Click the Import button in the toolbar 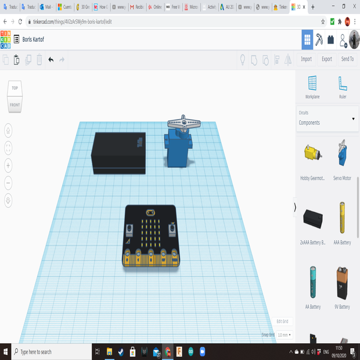[x=306, y=59]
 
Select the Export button [x=327, y=59]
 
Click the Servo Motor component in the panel [x=342, y=154]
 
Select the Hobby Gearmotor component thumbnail [x=312, y=154]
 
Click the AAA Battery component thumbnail [x=342, y=218]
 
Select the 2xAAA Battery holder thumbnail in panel [x=312, y=219]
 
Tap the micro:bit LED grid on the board [x=150, y=232]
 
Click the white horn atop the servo [x=183, y=123]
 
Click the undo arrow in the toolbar [x=51, y=59]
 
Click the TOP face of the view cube [x=15, y=89]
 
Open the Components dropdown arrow [x=353, y=119]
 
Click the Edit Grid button [x=282, y=321]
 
